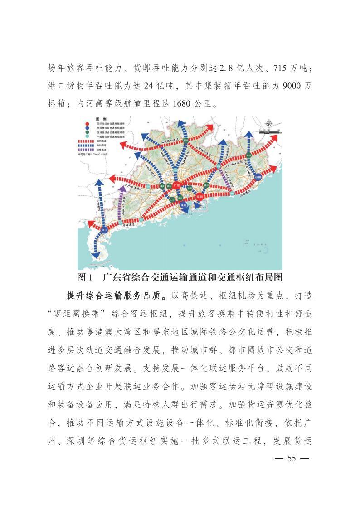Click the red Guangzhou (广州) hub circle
(176, 185)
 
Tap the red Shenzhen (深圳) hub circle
(199, 197)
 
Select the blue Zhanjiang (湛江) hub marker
(104, 229)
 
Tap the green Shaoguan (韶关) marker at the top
(185, 140)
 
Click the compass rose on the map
(269, 124)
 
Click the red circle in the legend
(87, 123)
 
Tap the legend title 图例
(100, 119)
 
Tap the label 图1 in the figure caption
(85, 277)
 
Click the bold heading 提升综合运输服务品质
(117, 295)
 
